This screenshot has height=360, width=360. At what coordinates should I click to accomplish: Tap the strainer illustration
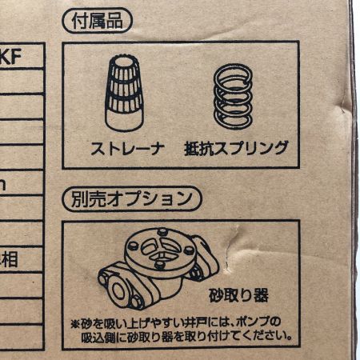coord(126,94)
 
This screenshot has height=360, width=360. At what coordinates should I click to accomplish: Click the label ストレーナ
coord(123,148)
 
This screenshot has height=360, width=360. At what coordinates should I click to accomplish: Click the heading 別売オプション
coord(130,198)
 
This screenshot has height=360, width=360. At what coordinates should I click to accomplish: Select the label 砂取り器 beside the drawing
coord(238,292)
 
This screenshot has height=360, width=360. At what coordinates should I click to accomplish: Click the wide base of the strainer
coord(126,120)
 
